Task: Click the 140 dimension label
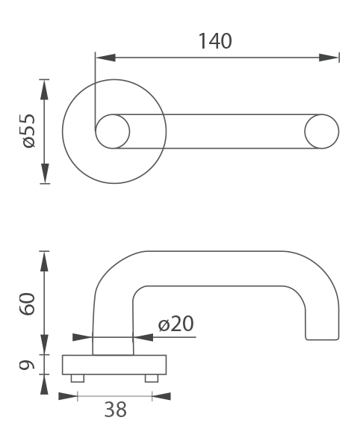(x=215, y=41)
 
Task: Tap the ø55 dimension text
(x=29, y=131)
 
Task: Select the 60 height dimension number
(x=28, y=303)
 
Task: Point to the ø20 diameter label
(x=176, y=324)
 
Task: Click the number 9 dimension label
(x=27, y=365)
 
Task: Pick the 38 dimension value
(x=115, y=410)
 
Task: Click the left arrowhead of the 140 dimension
(x=105, y=58)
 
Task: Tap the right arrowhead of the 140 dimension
(x=329, y=58)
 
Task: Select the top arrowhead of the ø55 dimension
(x=44, y=90)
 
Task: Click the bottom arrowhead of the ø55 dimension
(x=45, y=173)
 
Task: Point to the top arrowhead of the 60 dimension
(x=44, y=262)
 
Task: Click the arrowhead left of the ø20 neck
(x=83, y=337)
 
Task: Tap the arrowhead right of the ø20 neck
(x=143, y=337)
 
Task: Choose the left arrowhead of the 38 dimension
(x=68, y=396)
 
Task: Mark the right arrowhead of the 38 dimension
(x=161, y=396)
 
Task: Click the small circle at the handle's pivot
(x=113, y=132)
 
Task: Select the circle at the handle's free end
(x=322, y=132)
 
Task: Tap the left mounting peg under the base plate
(x=78, y=378)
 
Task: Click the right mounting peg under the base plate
(x=152, y=378)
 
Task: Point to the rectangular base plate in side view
(x=114, y=365)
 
